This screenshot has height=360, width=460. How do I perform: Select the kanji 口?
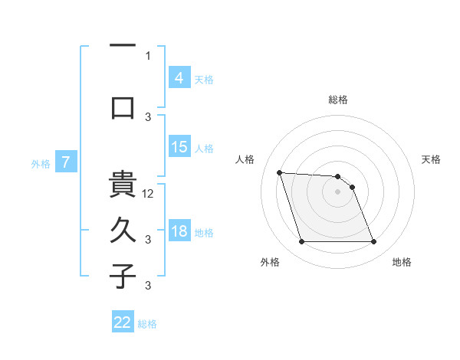pyautogui.click(x=123, y=106)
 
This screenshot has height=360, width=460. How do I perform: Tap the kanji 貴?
pyautogui.click(x=123, y=185)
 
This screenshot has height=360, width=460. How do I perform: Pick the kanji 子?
pyautogui.click(x=123, y=276)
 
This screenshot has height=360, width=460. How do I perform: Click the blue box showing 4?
pyautogui.click(x=179, y=77)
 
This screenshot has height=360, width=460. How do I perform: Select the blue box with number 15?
pyautogui.click(x=179, y=147)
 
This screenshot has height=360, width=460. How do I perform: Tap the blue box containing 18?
pyautogui.click(x=179, y=231)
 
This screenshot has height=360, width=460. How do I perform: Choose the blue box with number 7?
pyautogui.click(x=66, y=162)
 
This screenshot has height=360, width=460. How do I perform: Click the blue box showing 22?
pyautogui.click(x=123, y=322)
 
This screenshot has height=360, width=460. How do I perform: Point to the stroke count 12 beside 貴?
pyautogui.click(x=149, y=193)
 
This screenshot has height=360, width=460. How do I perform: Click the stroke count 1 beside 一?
pyautogui.click(x=148, y=55)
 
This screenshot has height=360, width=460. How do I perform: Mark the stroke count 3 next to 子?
pyautogui.click(x=148, y=286)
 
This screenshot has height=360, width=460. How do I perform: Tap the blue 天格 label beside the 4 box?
pyautogui.click(x=204, y=79)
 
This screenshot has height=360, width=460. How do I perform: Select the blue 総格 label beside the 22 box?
pyautogui.click(x=147, y=324)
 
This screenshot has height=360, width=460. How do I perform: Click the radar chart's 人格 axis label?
pyautogui.click(x=245, y=159)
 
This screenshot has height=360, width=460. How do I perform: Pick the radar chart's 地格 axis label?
pyautogui.click(x=402, y=262)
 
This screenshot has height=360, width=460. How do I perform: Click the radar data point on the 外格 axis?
pyautogui.click(x=301, y=242)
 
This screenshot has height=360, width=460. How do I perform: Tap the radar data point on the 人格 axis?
pyautogui.click(x=279, y=172)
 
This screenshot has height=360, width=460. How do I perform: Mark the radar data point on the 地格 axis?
pyautogui.click(x=373, y=242)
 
